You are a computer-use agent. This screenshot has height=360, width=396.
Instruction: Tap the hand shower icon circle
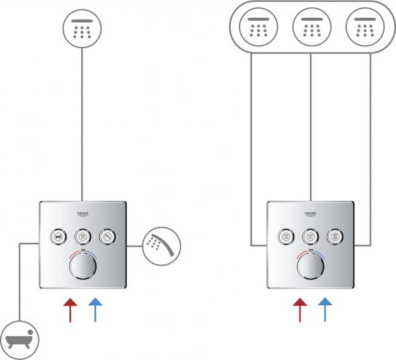point(160,245)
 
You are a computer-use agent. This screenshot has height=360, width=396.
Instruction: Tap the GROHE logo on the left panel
point(82,214)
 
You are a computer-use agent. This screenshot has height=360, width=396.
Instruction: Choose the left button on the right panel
point(285,236)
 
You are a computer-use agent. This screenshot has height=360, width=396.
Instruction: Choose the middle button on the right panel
point(310,236)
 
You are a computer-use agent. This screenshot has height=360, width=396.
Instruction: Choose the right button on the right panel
point(336,236)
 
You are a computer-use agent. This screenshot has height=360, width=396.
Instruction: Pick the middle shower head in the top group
point(310,27)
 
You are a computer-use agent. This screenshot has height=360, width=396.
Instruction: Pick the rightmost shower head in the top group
point(364,27)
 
